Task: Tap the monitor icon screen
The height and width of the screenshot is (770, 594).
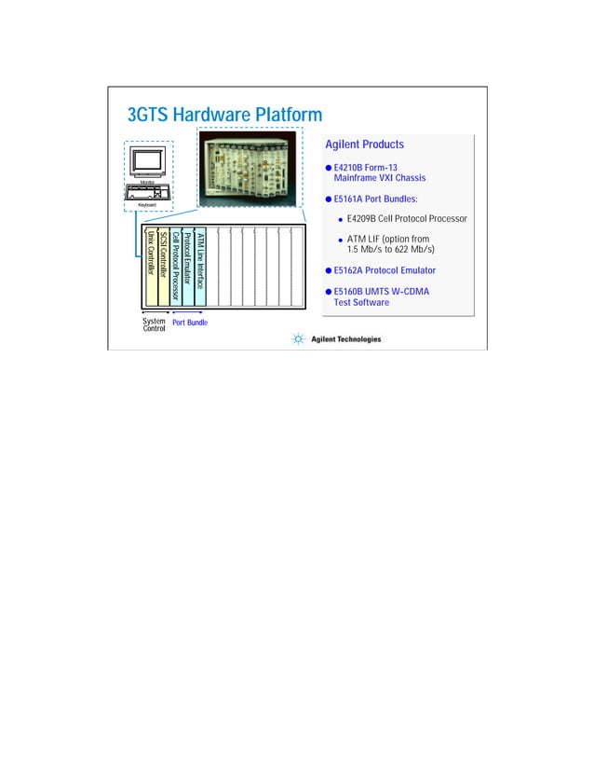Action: pos(148,161)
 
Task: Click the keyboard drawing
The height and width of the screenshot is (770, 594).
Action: pos(148,193)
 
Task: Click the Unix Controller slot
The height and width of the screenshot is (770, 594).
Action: pos(151,266)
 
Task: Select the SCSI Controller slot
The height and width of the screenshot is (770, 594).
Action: pos(163,266)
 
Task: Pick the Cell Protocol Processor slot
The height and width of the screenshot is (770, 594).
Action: pos(175,266)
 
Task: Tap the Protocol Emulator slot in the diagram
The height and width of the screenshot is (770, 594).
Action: pos(187,266)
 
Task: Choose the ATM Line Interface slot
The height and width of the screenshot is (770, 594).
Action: pos(199,266)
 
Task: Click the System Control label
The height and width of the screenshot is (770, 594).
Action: pos(154,325)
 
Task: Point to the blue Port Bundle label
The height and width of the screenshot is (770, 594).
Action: pos(190,323)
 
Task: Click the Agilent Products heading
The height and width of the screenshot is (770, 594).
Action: pos(364,144)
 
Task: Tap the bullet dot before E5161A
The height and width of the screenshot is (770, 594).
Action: pos(329,199)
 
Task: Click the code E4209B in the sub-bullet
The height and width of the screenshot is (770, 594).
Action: pos(365,219)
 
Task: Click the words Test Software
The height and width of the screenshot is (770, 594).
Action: pos(361,302)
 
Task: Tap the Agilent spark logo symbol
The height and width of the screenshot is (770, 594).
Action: pos(298,339)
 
